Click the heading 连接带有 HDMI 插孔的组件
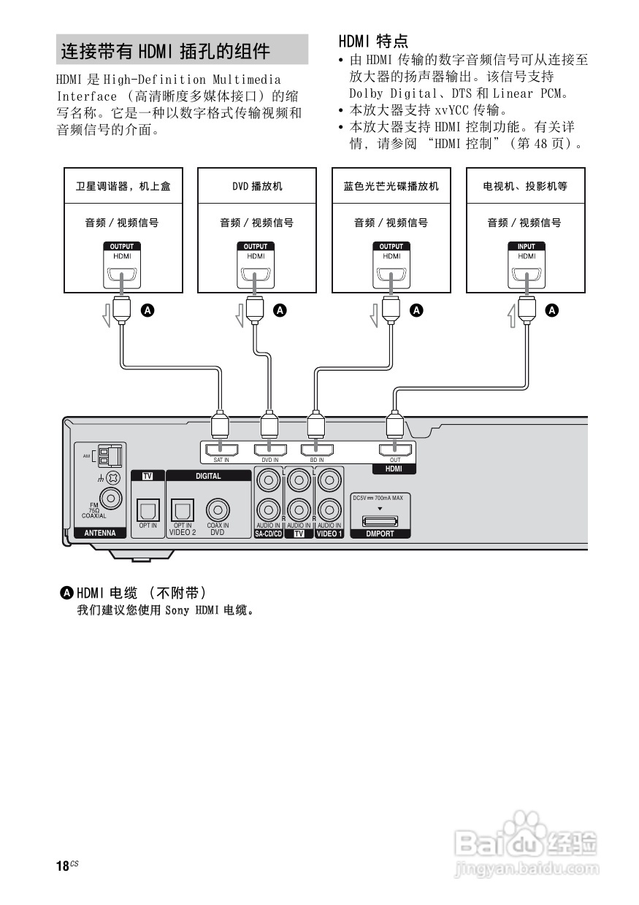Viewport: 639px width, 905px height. tap(165, 51)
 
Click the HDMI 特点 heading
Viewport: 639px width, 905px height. tap(373, 41)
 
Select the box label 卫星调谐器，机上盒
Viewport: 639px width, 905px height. tap(122, 186)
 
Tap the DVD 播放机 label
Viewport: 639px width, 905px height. tap(257, 186)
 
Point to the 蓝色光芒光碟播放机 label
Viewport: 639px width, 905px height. tap(391, 186)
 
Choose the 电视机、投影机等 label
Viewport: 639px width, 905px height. tap(525, 186)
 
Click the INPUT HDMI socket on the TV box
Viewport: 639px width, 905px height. tap(527, 276)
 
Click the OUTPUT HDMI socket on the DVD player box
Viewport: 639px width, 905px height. tap(256, 276)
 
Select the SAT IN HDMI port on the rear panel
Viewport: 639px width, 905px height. tap(221, 450)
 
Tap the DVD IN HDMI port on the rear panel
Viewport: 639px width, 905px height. tap(270, 450)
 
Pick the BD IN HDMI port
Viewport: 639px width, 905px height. tap(317, 450)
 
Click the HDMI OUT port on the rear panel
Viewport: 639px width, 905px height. tap(395, 450)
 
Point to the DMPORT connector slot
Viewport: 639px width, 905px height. tap(380, 520)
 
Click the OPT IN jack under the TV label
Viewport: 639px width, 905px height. tap(148, 508)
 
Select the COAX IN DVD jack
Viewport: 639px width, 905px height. tap(217, 508)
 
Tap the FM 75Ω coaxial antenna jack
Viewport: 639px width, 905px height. tap(111, 498)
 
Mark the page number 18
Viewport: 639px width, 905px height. tap(62, 866)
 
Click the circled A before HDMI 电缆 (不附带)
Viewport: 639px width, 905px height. tap(67, 591)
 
